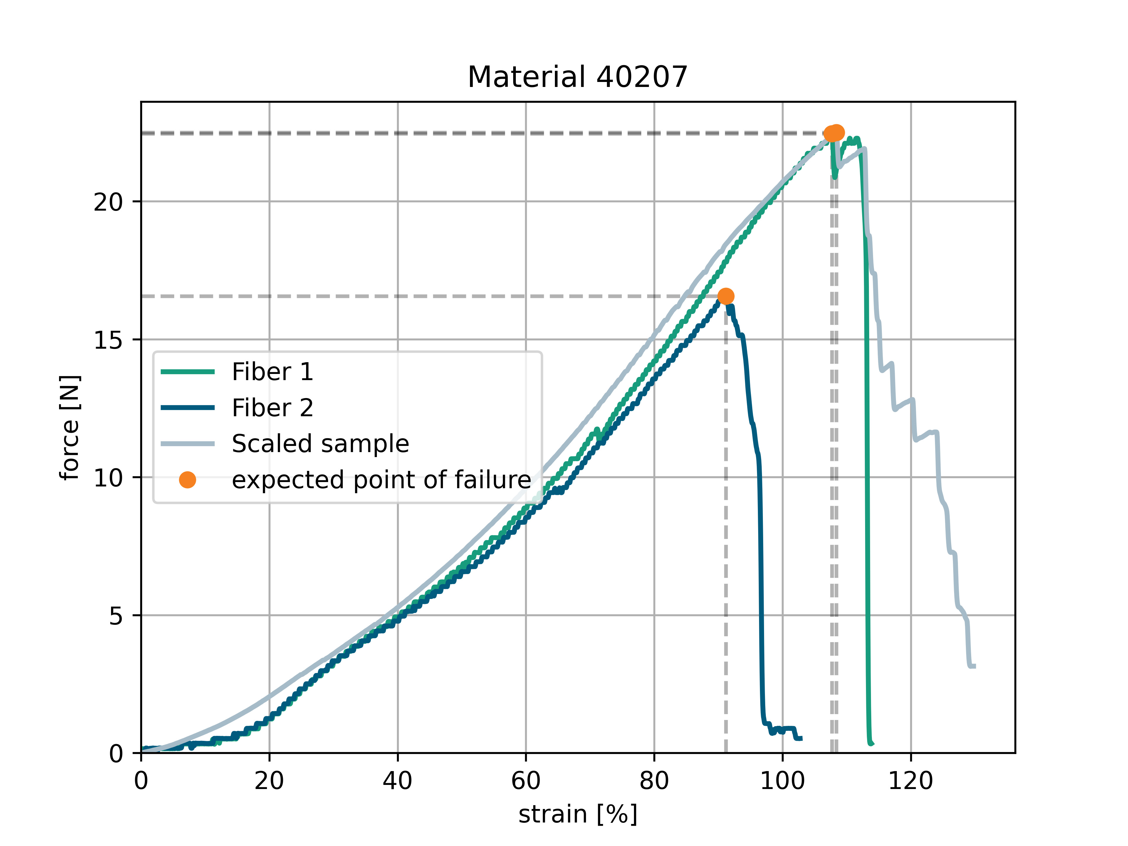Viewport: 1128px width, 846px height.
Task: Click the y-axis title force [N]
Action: [70, 427]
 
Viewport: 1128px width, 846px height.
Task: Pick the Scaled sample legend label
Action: [320, 444]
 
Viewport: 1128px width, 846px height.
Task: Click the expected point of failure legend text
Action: [382, 480]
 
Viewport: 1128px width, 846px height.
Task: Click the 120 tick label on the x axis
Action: [910, 781]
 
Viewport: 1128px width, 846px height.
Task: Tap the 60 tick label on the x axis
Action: [526, 781]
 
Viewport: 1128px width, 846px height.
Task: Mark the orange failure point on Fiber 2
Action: [726, 296]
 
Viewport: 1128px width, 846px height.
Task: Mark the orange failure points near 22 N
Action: [834, 133]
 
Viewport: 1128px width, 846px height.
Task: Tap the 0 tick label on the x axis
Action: [141, 781]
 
